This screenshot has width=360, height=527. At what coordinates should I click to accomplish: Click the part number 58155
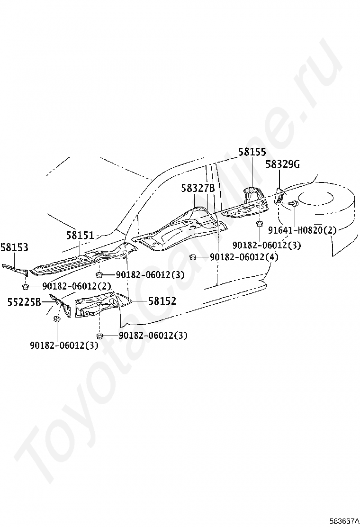coord(252,152)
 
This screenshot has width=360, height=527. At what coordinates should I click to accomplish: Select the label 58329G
coord(282,164)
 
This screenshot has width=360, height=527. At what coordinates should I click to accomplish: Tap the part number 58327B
coord(198,188)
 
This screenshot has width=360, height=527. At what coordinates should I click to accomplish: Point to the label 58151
coord(80,235)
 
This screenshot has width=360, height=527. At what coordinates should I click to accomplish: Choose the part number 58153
coord(14,247)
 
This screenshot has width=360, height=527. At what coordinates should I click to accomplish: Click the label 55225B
coord(24,301)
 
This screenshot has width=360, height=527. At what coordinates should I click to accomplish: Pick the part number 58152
coord(162,301)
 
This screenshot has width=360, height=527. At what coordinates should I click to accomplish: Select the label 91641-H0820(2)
coord(302,230)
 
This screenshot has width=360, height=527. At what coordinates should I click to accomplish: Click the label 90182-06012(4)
coord(244,257)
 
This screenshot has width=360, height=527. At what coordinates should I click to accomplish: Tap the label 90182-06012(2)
coord(77,286)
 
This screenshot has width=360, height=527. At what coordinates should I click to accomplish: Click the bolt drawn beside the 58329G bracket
coord(293,204)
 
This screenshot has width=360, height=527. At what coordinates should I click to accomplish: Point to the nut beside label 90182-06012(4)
coord(193,257)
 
